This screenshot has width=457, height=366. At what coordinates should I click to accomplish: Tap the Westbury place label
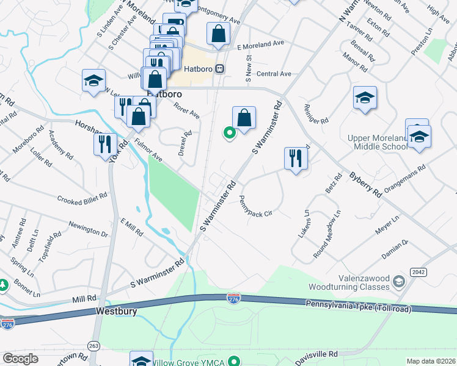click(x=116, y=311)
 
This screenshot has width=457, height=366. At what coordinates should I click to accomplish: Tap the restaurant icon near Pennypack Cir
click(x=296, y=159)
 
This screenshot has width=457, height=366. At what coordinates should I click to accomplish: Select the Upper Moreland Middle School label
click(x=377, y=143)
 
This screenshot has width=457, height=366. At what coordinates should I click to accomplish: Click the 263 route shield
click(x=93, y=346)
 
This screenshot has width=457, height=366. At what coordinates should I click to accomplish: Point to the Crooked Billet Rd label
click(x=82, y=199)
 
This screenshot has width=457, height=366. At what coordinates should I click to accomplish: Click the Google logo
click(x=20, y=359)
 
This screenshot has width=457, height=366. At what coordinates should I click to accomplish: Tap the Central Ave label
click(x=274, y=74)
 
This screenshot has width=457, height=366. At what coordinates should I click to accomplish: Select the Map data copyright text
click(x=430, y=361)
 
